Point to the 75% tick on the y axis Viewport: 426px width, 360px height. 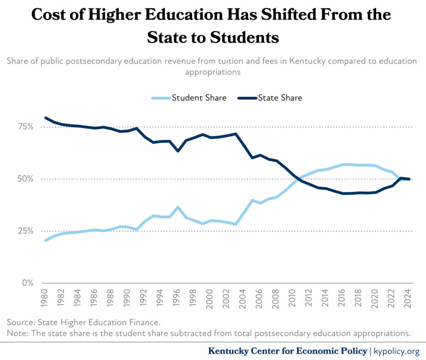26,127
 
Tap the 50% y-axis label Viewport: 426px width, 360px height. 26,179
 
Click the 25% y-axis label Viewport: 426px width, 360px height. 26,231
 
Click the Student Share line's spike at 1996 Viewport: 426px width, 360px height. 178,207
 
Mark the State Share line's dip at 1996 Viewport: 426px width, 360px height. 178,151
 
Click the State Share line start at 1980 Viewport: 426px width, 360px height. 46,118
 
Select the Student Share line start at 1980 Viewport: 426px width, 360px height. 46,240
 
